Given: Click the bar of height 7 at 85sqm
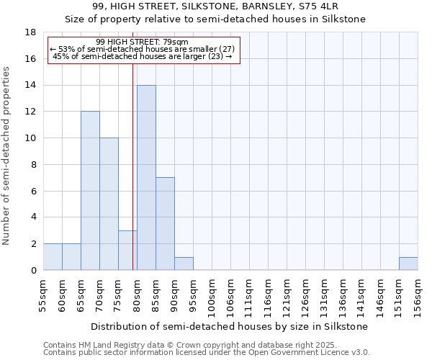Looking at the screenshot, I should tap(165, 224).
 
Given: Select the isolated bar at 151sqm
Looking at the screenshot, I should tap(408, 264).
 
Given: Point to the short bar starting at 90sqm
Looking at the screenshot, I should tap(184, 264).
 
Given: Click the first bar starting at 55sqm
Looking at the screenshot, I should tap(53, 257).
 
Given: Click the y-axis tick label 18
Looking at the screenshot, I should tap(31, 32).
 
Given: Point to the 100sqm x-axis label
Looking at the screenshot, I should tap(212, 295).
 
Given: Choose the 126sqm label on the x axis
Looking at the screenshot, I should tap(305, 295).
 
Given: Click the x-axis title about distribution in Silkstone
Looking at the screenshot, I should tap(230, 326).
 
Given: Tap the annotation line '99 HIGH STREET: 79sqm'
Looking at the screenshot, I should tap(142, 42).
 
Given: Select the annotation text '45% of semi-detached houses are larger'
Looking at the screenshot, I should tap(142, 56).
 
